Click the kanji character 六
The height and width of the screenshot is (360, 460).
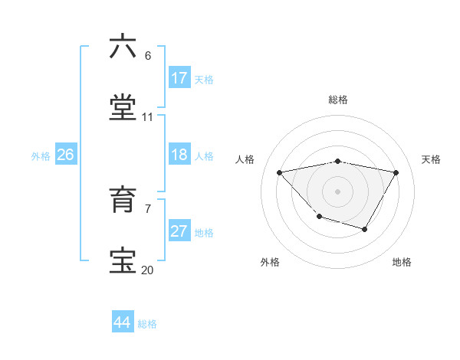pos(123,47)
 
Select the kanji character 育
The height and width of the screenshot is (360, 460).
pos(123,200)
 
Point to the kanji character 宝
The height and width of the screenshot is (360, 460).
pos(123,261)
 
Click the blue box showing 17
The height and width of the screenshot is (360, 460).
pos(179,78)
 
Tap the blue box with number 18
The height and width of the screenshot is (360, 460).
pos(179,155)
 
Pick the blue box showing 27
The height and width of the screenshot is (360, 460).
pos(179,231)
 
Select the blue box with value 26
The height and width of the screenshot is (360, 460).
pos(65,155)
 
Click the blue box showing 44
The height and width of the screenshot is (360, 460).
pos(123,322)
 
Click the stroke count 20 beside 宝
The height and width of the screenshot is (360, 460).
pos(148,270)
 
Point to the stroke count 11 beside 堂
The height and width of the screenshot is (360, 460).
pos(148,116)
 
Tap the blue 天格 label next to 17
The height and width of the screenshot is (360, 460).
pos(204,80)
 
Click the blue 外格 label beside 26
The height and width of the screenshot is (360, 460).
pos(41,156)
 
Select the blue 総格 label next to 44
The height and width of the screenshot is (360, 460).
pos(147,324)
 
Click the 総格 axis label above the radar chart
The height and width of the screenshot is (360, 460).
pos(338,100)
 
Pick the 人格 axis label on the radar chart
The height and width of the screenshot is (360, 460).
pos(245,159)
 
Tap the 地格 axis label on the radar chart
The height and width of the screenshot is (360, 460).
pos(402,262)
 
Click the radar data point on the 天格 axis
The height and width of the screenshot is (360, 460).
pos(396,172)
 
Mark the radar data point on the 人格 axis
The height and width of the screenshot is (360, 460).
pos(280,172)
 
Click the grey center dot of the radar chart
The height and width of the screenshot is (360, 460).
pos(338,191)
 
